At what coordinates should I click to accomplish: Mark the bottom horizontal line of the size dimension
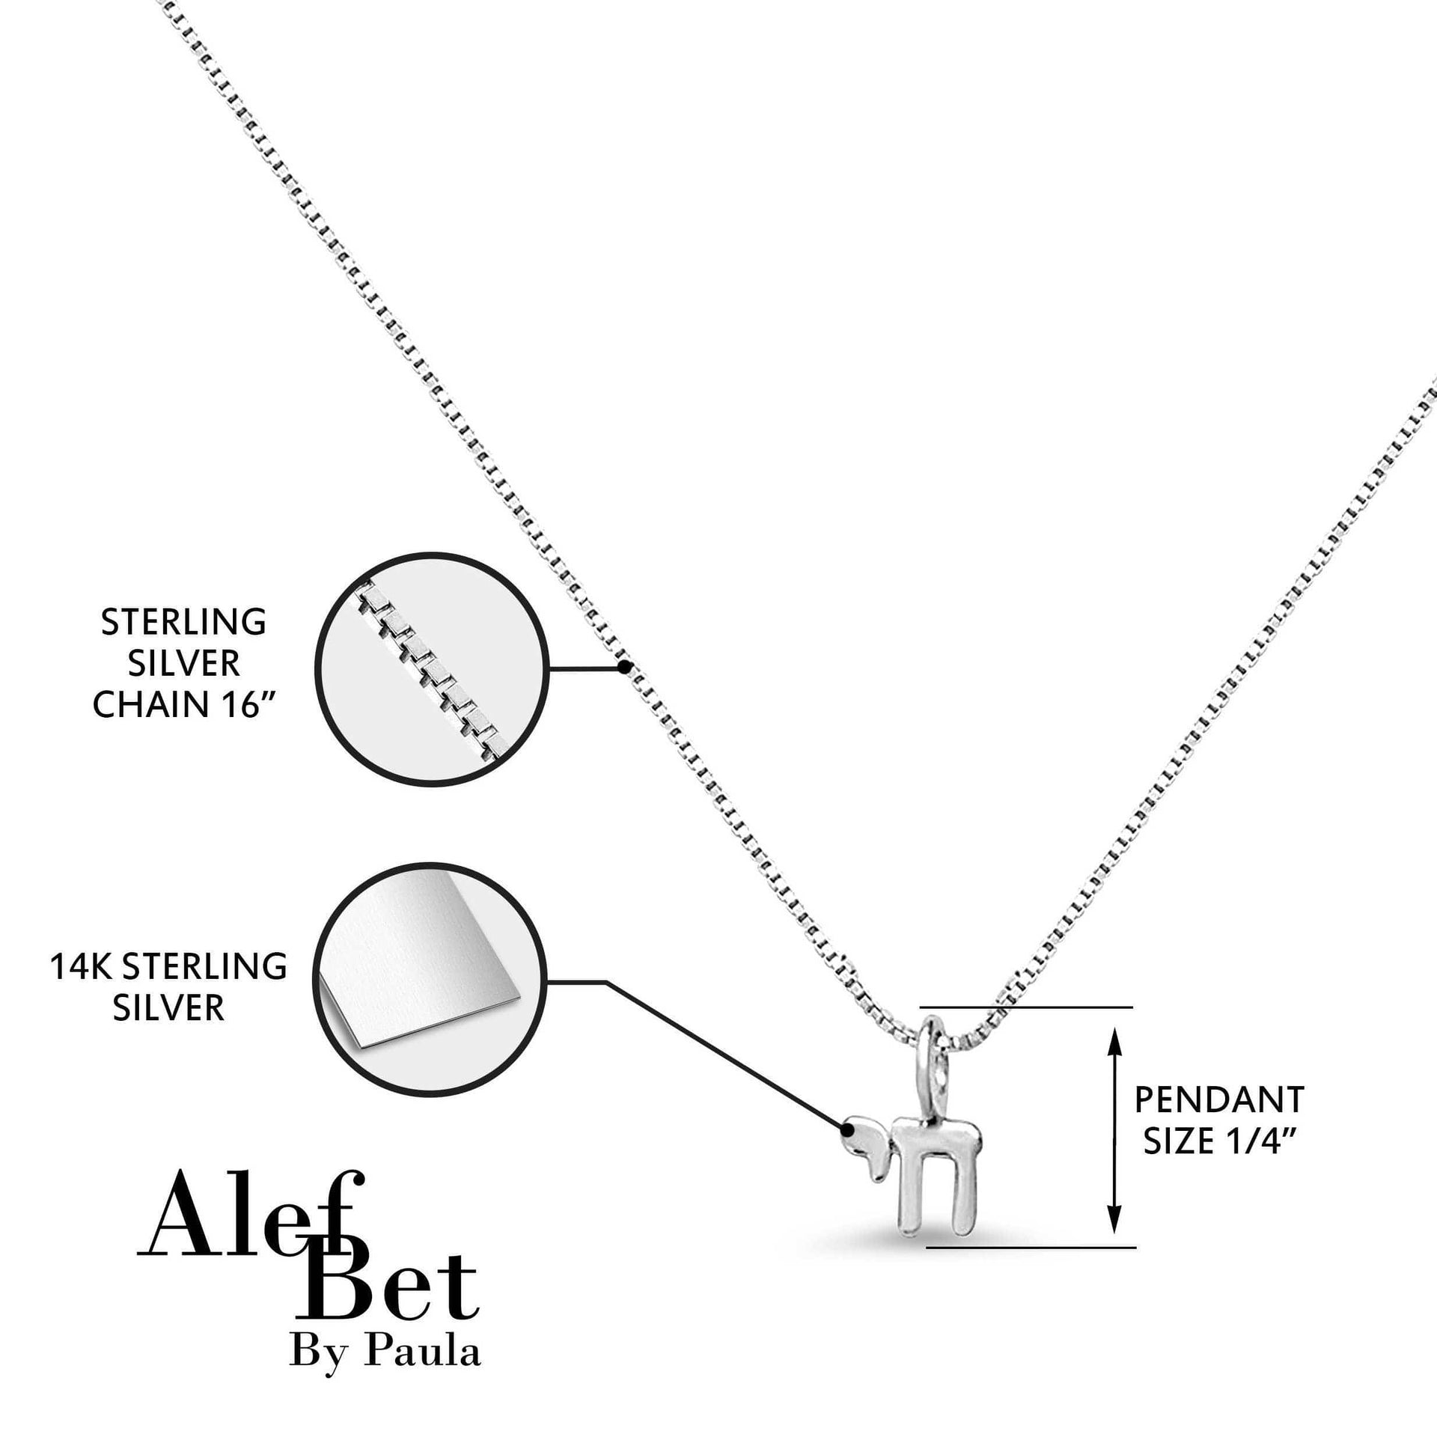tap(1031, 1248)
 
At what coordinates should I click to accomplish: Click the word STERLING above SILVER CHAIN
tap(183, 622)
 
